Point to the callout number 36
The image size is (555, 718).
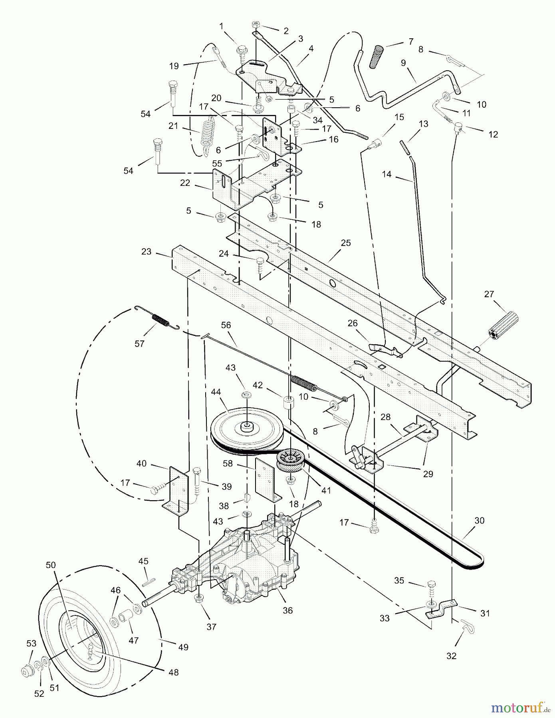pyautogui.click(x=287, y=610)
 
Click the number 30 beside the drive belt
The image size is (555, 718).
pyautogui.click(x=480, y=521)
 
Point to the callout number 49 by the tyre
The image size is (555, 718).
pyautogui.click(x=183, y=647)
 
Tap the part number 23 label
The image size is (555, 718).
pyautogui.click(x=147, y=252)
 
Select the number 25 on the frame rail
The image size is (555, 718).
pyautogui.click(x=346, y=243)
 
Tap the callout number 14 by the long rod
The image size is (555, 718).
pyautogui.click(x=387, y=174)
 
